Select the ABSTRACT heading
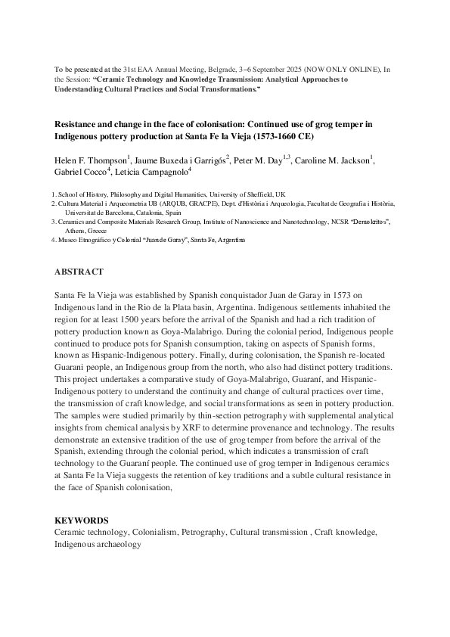(79, 272)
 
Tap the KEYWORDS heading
(81, 521)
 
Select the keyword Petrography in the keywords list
(203, 533)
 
